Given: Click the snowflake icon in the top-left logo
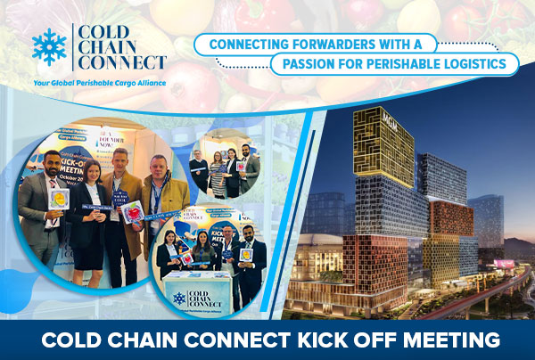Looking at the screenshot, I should [x=50, y=47].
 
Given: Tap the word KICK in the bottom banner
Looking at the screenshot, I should [x=289, y=340].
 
